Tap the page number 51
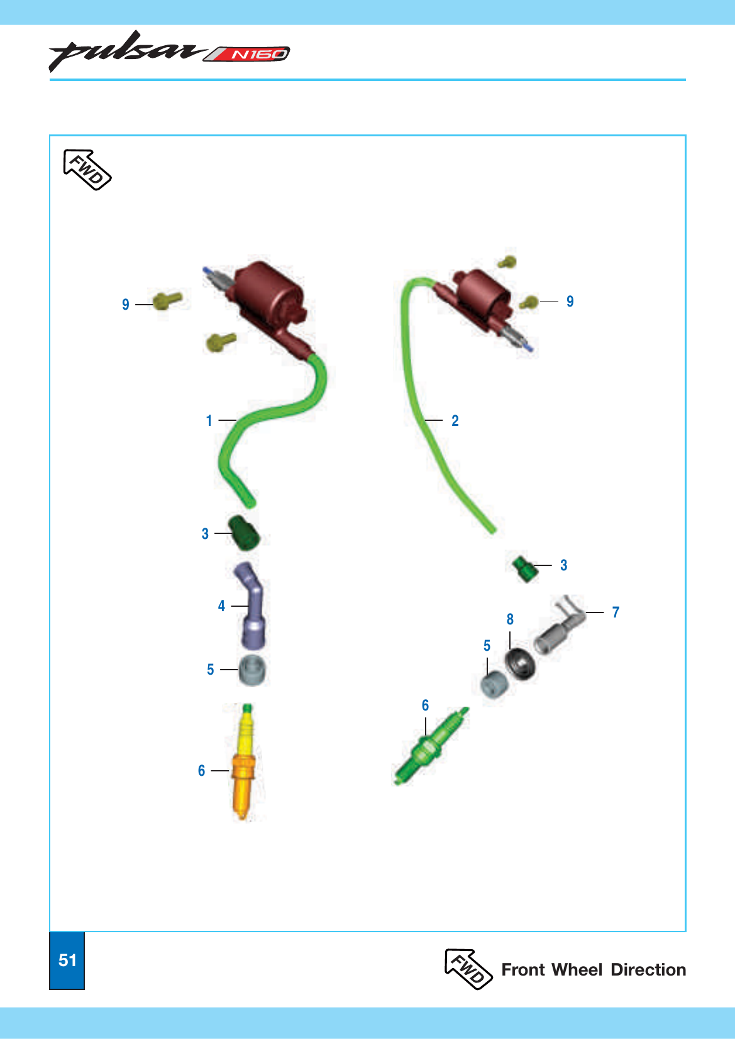pos(67,960)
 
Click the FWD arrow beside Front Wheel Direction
pos(468,969)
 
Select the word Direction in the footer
pos(648,969)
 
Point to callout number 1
pos(209,420)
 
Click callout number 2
pos(455,420)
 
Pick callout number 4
pos(221,606)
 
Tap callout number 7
pos(616,612)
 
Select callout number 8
pos(510,619)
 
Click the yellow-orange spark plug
pos(244,762)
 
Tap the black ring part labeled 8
pos(520,664)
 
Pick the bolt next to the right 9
pos(529,302)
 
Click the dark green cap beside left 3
pos(244,533)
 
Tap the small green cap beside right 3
pos(524,568)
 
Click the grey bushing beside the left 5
pos(253,670)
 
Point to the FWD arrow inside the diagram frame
pos(87,170)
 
